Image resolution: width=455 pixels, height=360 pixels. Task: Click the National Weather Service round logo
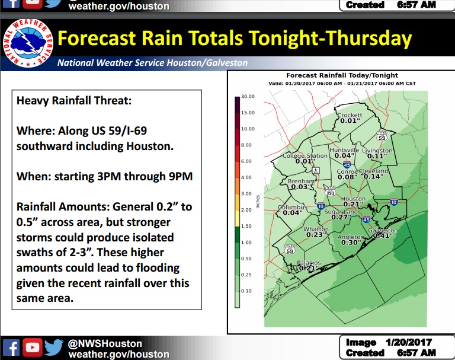tap(27, 41)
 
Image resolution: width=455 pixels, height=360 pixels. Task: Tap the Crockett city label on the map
tap(350, 114)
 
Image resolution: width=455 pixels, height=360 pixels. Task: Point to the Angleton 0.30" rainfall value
tap(351, 243)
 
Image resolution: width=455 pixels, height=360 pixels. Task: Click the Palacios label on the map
tap(309, 262)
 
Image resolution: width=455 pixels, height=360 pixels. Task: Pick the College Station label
tap(304, 155)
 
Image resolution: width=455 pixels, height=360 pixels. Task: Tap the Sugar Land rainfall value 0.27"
tap(342, 217)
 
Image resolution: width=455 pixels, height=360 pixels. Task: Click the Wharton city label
tap(316, 229)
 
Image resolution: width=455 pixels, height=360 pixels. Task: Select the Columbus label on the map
tap(292, 207)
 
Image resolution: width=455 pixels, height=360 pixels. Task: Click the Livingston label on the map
tap(377, 151)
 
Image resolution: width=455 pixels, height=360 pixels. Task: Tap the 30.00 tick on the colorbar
tap(248, 96)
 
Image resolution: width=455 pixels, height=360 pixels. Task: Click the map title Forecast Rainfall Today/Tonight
tap(342, 75)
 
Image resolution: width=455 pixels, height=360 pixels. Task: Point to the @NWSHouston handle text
tap(105, 343)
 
